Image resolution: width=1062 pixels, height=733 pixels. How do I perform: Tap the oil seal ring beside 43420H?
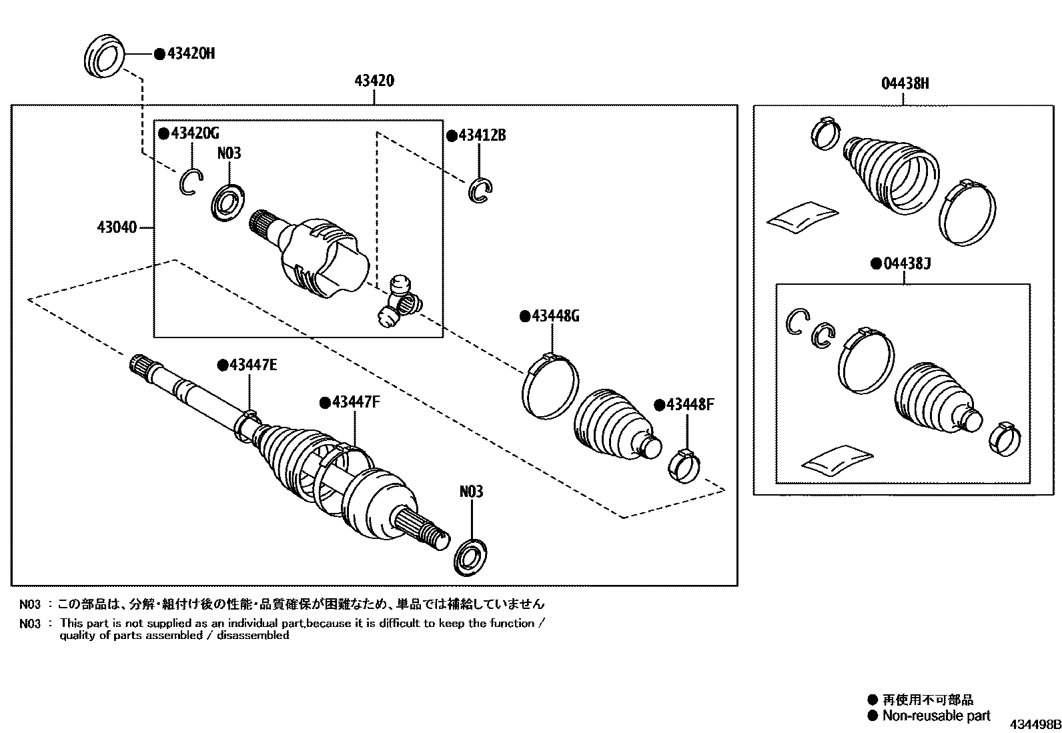[105, 57]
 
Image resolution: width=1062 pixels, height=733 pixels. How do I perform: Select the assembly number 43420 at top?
[374, 81]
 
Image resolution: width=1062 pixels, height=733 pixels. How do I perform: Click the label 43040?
[117, 228]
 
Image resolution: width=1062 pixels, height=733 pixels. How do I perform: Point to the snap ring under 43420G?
[189, 182]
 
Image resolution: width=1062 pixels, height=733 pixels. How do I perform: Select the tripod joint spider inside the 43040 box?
[399, 303]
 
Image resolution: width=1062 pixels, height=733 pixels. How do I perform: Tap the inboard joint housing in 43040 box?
[320, 257]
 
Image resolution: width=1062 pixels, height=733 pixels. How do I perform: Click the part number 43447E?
[253, 365]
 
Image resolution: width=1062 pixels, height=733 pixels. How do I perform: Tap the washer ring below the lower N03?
[470, 554]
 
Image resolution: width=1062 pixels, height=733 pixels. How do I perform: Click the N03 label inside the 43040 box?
[229, 153]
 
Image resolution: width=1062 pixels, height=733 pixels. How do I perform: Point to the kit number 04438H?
[905, 84]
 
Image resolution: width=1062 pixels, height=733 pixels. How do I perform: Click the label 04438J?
[906, 264]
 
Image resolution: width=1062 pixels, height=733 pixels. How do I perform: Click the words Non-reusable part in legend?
[936, 716]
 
